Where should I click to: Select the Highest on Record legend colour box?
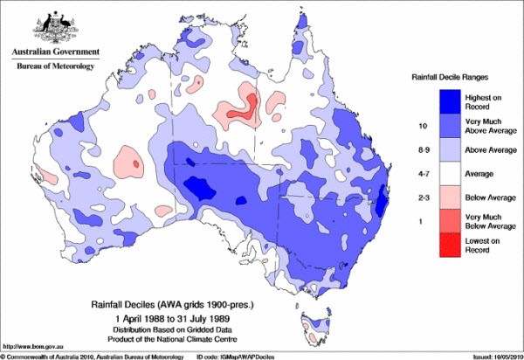[x=438, y=100]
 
